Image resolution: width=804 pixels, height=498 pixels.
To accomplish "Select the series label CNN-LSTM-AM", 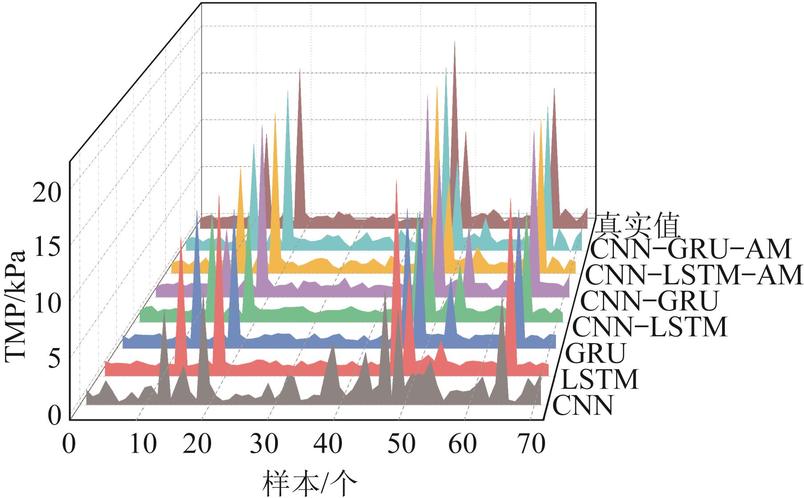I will pyautogui.click(x=693, y=275).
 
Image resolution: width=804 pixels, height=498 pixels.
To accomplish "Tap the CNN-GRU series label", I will pyautogui.click(x=650, y=301).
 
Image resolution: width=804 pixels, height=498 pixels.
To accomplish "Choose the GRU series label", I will pyautogui.click(x=595, y=353).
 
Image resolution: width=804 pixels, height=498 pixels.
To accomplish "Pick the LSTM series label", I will pyautogui.click(x=599, y=380).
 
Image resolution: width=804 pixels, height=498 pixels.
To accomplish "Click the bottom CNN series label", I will pyautogui.click(x=583, y=405).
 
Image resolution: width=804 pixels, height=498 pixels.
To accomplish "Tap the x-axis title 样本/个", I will pyautogui.click(x=310, y=484).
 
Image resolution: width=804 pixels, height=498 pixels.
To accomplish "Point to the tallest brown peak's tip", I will pyautogui.click(x=455, y=42).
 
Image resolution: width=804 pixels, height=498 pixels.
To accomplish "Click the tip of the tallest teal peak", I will pyautogui.click(x=446, y=68).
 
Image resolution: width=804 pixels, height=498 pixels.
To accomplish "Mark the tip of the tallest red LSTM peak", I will pyautogui.click(x=396, y=181).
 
